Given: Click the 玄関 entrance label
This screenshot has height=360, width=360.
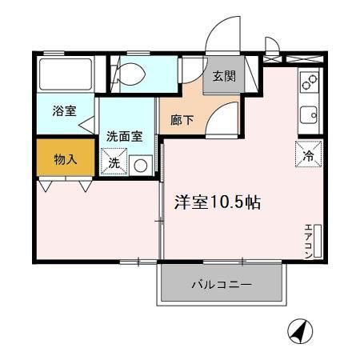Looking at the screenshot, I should tap(223, 77).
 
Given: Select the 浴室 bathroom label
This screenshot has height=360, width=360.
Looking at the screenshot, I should tap(64, 111).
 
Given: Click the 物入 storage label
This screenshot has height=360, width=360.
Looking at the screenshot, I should tap(65, 158).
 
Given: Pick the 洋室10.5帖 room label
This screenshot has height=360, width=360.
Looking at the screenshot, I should tap(217, 202).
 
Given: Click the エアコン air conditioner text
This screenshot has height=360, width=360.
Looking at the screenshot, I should tap(308, 239).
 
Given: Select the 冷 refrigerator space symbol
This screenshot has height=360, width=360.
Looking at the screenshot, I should tap(307, 154).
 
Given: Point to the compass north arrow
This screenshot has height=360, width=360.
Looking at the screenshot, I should tap(302, 330).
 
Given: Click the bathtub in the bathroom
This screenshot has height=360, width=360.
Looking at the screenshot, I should tap(66, 74).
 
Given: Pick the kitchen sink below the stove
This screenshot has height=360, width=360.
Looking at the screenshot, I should tap(309, 114).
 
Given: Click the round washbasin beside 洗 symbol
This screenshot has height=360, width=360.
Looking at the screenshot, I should tap(141, 166).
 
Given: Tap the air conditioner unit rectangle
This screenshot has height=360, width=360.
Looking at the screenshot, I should tap(318, 240).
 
